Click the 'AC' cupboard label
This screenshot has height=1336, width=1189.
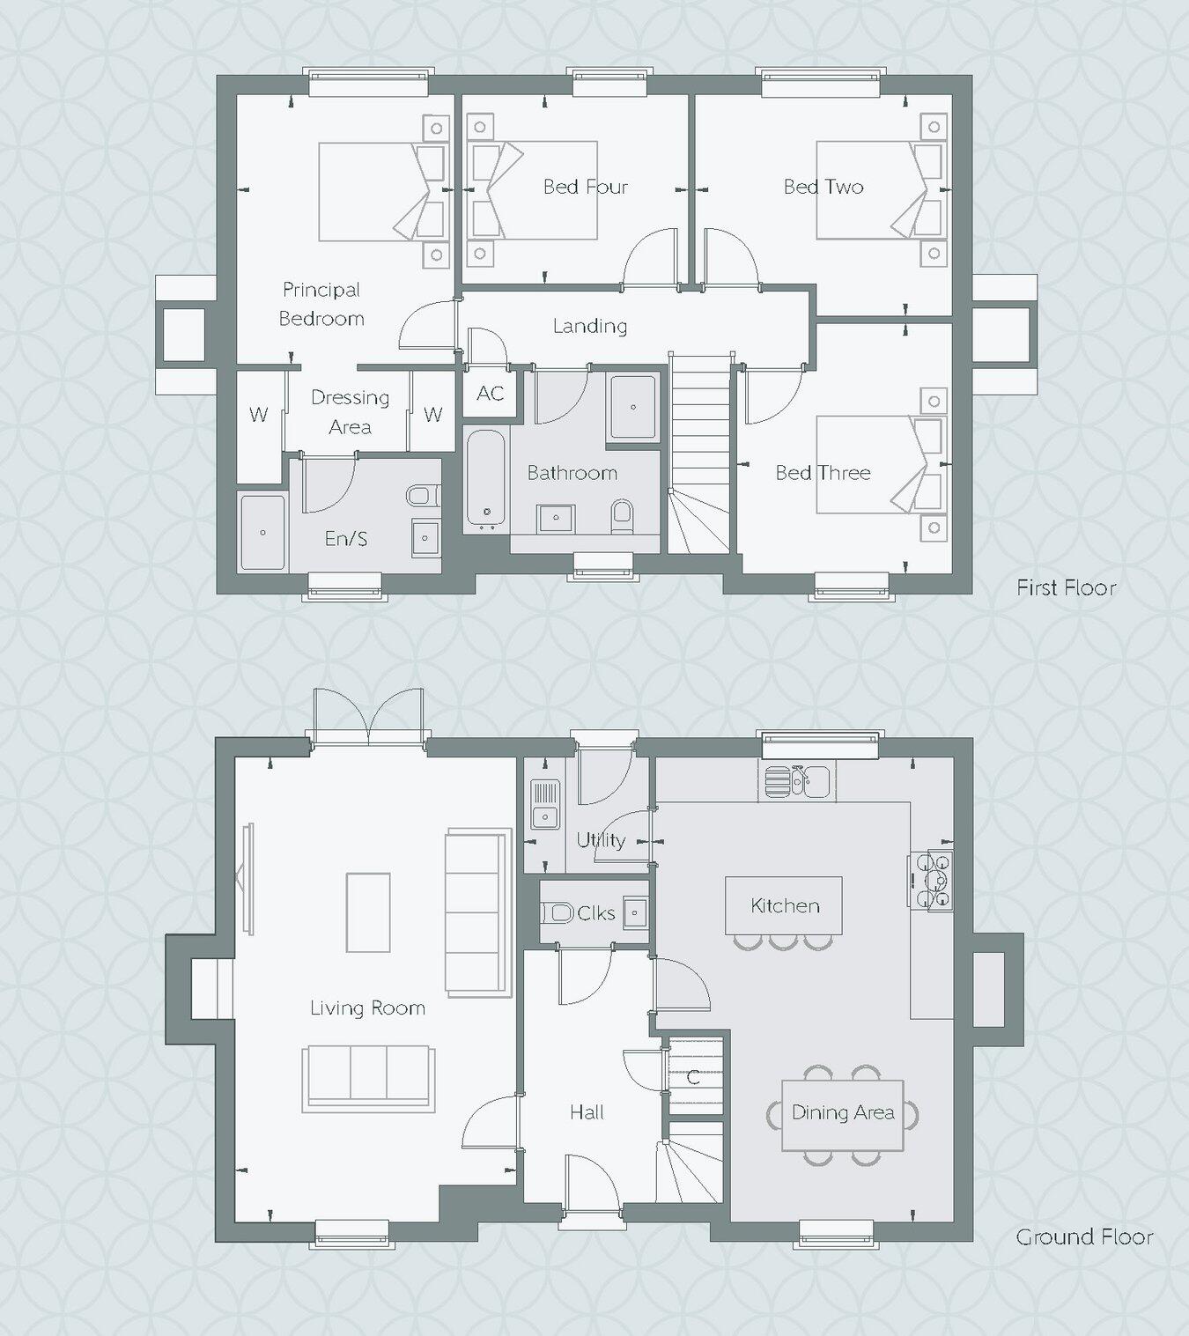(490, 393)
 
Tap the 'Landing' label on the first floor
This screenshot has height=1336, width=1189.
(590, 326)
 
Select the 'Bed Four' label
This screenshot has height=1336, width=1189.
(586, 187)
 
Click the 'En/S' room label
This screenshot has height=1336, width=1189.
(346, 538)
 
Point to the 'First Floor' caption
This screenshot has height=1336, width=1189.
(1066, 587)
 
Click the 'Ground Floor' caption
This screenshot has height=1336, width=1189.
(1084, 1236)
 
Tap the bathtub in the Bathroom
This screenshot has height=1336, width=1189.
(485, 480)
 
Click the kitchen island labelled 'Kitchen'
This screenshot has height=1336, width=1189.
(784, 905)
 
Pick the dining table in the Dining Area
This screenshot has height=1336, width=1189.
(843, 1114)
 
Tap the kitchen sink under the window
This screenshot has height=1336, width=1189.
(796, 780)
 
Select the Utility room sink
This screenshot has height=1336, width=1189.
(545, 806)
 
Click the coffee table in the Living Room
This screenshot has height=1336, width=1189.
(368, 912)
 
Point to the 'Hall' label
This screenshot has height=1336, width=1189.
(587, 1112)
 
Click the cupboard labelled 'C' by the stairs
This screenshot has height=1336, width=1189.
(694, 1075)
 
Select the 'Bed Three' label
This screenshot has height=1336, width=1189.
(823, 473)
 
